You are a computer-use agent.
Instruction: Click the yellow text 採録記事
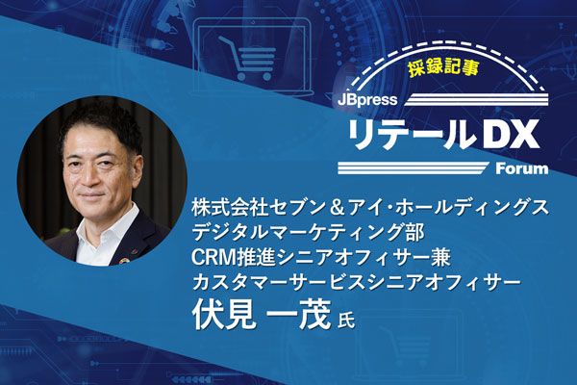(x=443, y=67)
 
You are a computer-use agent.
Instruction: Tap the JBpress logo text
(x=367, y=100)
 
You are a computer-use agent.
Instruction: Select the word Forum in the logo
(x=522, y=168)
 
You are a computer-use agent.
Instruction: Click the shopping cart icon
(x=247, y=58)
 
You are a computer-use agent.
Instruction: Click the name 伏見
(x=224, y=314)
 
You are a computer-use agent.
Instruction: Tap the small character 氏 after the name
(x=346, y=319)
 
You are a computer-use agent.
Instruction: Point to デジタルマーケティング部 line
(x=308, y=233)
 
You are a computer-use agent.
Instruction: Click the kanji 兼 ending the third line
(x=441, y=257)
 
